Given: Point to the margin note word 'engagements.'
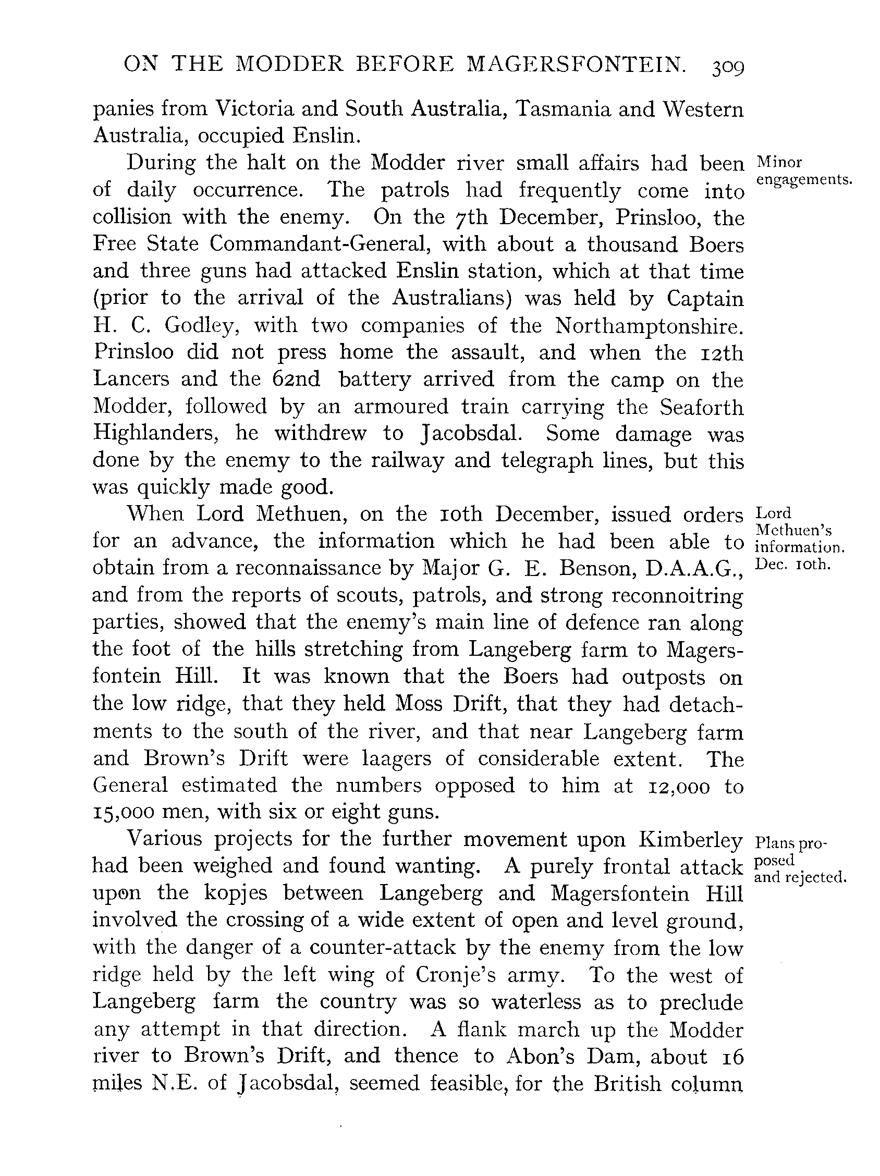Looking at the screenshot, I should click(x=803, y=180).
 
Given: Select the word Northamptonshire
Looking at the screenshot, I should click(x=649, y=325).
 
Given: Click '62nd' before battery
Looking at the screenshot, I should click(x=296, y=379).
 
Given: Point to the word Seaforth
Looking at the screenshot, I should click(x=701, y=406).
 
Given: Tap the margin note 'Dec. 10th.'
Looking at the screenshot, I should click(x=792, y=564).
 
